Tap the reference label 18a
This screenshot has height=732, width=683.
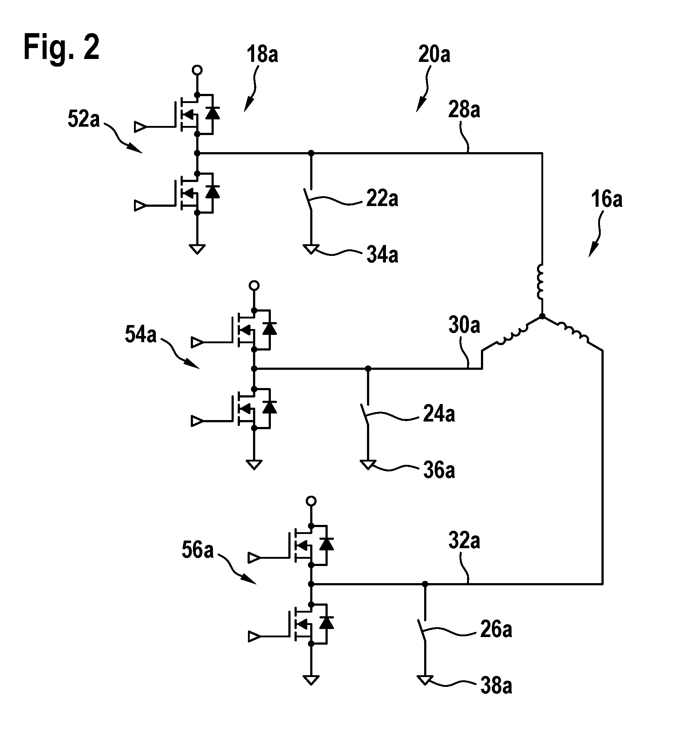[x=262, y=54]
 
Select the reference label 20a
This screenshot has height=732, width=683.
[x=434, y=54]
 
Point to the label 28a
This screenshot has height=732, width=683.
[x=464, y=110]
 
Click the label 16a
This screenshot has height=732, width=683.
[x=607, y=199]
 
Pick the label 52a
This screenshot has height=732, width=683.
[x=84, y=119]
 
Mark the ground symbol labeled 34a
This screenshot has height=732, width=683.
[x=311, y=249]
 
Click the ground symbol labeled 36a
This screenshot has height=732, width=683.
[x=368, y=465]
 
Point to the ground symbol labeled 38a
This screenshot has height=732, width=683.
[x=425, y=680]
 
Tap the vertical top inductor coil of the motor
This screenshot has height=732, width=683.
[x=540, y=282]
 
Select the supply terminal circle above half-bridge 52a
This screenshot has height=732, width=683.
[x=197, y=70]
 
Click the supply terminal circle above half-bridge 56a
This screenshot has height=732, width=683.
[x=311, y=501]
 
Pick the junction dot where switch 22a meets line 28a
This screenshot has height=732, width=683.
[x=311, y=153]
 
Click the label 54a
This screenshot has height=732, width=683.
[x=141, y=335]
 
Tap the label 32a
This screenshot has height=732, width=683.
[x=464, y=541]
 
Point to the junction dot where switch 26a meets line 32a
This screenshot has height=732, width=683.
[x=425, y=583]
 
